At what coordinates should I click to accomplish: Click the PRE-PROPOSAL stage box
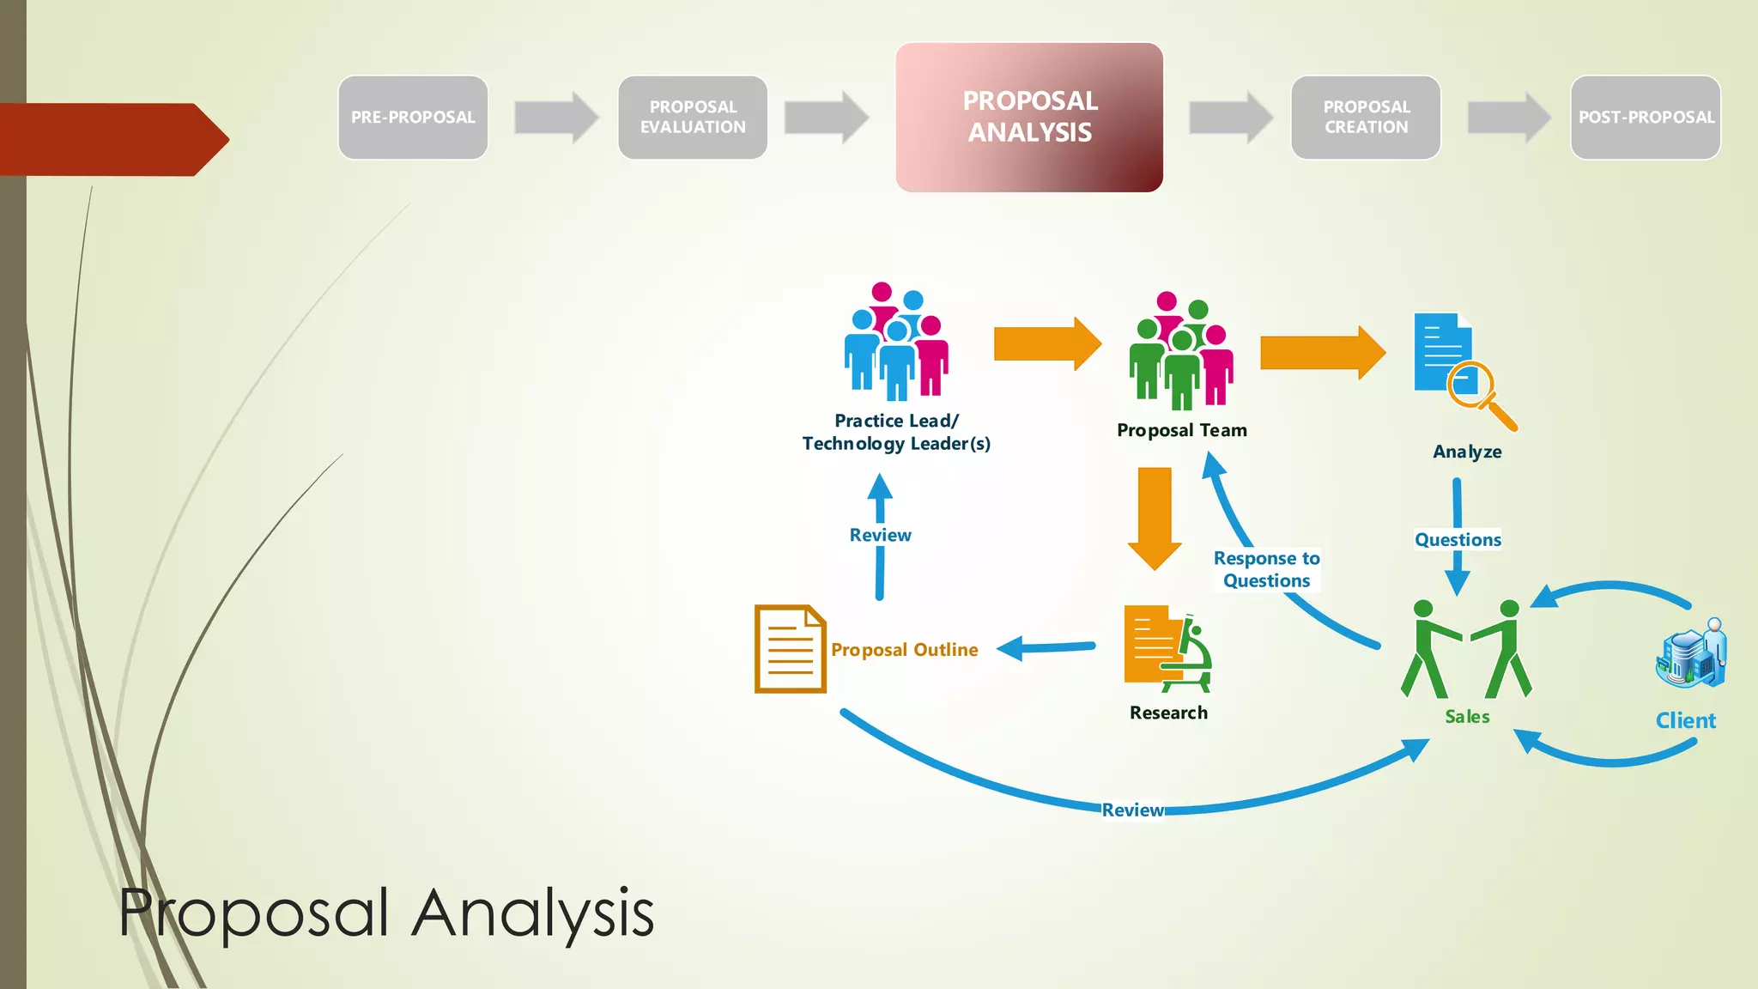413,118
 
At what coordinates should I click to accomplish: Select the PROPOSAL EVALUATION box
693,118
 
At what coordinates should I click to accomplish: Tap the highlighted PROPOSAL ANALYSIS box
1029,118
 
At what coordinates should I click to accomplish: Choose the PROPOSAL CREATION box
1366,118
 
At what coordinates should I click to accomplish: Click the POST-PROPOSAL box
1646,118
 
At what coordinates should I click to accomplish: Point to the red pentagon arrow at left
112,139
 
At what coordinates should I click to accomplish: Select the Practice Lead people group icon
896,343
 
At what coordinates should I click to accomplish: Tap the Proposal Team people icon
1181,352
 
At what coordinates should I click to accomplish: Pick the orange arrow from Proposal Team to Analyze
1322,352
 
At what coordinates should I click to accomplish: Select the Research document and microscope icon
1167,649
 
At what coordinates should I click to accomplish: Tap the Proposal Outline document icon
790,649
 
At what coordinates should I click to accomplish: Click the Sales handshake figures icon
1466,649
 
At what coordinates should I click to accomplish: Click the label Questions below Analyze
1458,540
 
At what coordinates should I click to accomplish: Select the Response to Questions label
1266,569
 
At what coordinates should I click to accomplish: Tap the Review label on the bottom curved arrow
1132,810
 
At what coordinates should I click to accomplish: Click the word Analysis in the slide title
532,913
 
